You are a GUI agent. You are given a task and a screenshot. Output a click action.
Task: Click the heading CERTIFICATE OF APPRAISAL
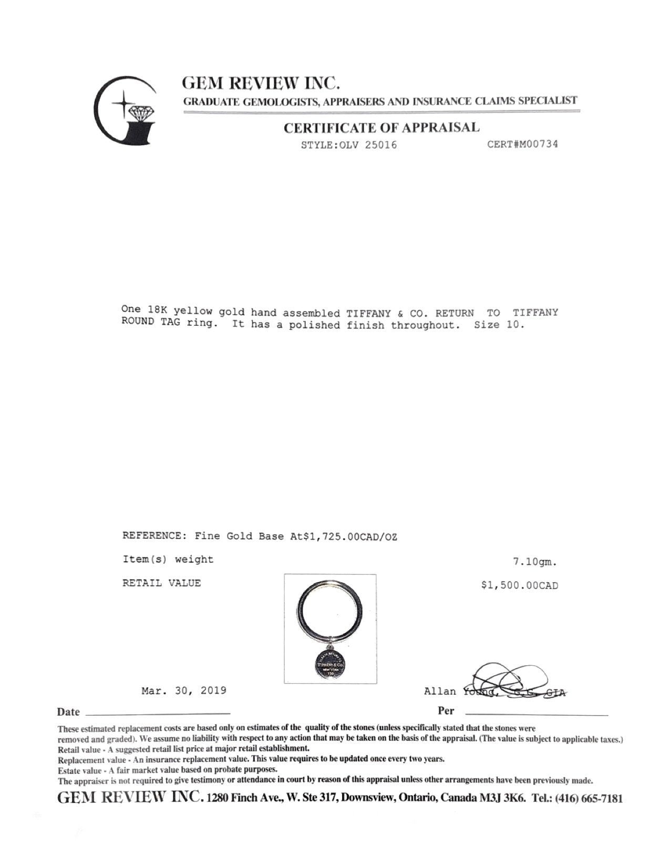click(x=382, y=128)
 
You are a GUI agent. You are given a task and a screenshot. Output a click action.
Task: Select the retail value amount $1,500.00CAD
click(x=520, y=585)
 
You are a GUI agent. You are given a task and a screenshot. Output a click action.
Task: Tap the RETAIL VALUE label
click(x=161, y=583)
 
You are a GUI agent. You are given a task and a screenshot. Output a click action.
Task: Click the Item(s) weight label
click(x=168, y=560)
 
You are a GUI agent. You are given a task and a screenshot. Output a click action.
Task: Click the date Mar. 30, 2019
click(x=184, y=690)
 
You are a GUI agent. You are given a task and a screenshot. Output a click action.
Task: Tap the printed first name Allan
click(x=440, y=691)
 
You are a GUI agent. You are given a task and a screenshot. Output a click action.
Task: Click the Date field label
click(x=68, y=712)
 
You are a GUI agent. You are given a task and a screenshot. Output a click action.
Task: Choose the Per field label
click(x=446, y=711)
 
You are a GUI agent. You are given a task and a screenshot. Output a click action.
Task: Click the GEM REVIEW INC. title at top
click(x=261, y=82)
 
